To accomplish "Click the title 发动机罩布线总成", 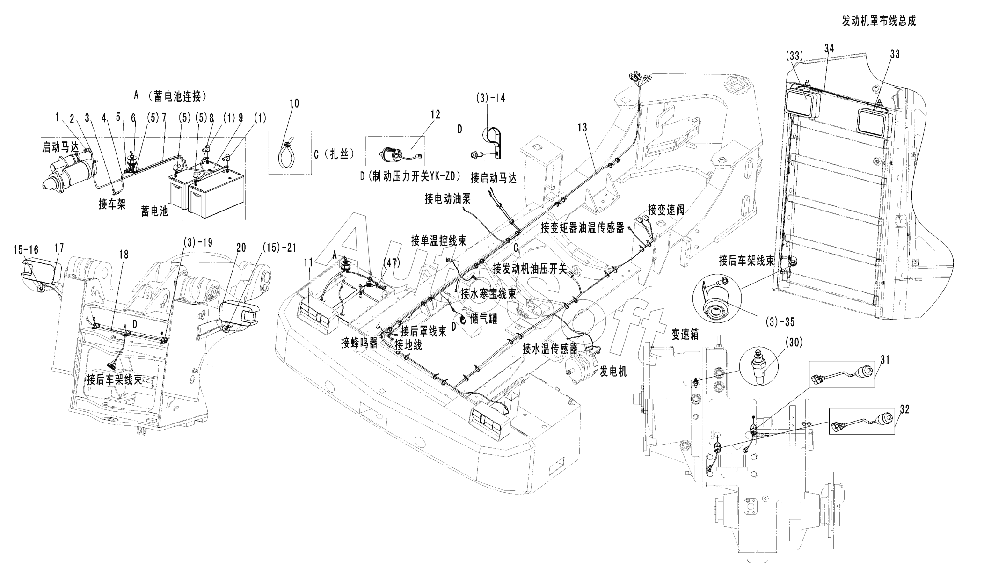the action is (x=878, y=21).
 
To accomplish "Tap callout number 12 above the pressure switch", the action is (x=435, y=115).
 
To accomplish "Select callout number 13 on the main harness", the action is (x=582, y=127).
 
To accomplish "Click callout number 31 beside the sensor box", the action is (x=885, y=360).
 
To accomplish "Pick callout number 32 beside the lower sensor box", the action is (x=904, y=409).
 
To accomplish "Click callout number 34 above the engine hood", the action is (x=829, y=47).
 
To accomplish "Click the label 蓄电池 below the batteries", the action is (x=154, y=211).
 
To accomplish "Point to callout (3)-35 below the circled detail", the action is (x=780, y=322).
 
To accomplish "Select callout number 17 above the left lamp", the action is (x=59, y=248).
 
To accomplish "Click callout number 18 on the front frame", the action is (x=124, y=254).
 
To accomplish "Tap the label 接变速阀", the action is (x=666, y=210).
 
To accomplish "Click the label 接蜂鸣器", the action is (x=359, y=343).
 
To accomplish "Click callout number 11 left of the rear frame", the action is (x=308, y=263).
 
